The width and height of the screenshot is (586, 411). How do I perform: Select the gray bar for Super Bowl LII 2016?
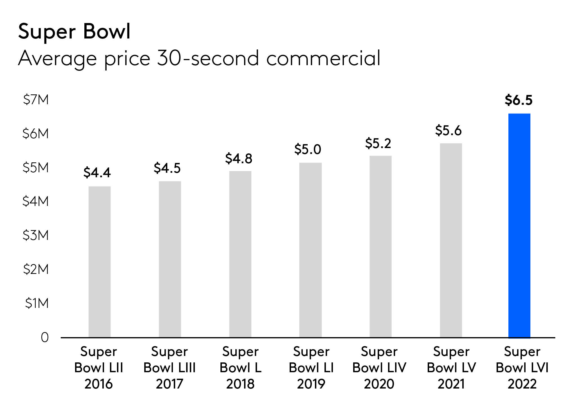point(100,262)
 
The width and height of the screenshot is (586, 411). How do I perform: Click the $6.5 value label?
point(519,100)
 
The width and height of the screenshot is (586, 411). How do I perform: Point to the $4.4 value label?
point(97,172)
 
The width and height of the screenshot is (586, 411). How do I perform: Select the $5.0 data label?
point(307,149)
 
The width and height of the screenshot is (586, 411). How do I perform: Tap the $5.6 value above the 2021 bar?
point(448,131)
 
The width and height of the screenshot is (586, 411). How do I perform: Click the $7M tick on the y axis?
point(36,100)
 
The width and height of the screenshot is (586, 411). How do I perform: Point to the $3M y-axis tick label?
point(36,235)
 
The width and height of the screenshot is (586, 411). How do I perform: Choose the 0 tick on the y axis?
point(45,337)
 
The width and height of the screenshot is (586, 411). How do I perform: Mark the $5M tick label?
point(36,168)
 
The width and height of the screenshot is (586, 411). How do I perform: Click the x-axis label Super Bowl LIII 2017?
point(169,367)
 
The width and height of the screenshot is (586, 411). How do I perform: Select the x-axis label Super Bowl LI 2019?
point(311,367)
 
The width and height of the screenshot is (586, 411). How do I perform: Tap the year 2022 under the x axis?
point(522,384)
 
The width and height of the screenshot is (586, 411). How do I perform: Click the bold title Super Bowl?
point(74,31)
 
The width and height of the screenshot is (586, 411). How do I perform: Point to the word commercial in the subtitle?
point(323,58)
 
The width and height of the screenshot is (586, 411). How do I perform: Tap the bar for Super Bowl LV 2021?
point(451,240)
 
